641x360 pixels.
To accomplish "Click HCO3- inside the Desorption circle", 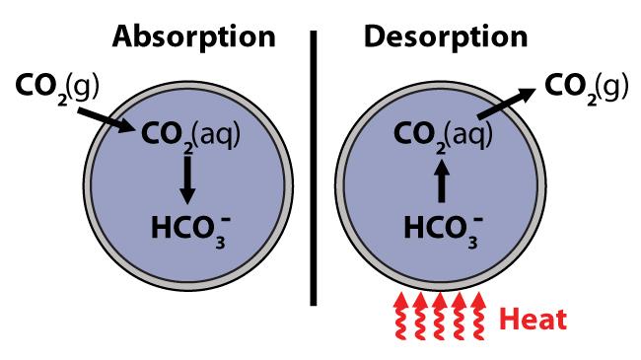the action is (x=443, y=229).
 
